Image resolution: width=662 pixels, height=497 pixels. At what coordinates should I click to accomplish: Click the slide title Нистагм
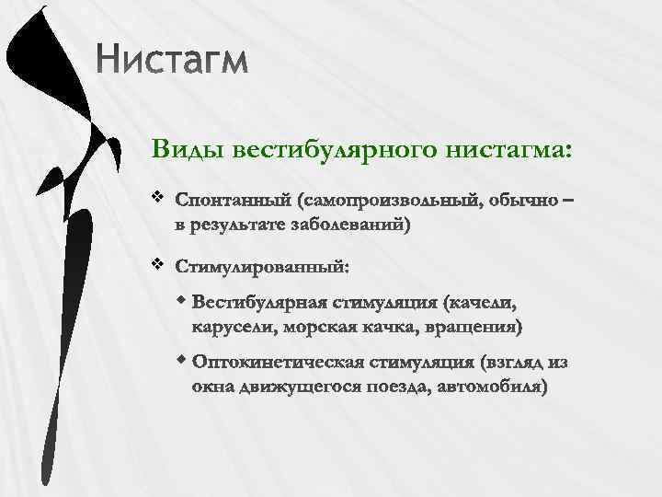coord(171,62)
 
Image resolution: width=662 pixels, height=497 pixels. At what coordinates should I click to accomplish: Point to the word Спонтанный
coord(232,200)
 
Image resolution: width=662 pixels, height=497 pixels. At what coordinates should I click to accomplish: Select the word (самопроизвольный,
coord(388,200)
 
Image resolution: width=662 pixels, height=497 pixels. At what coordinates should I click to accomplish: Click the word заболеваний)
coord(353,223)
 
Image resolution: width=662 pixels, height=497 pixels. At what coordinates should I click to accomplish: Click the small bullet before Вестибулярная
coord(183,300)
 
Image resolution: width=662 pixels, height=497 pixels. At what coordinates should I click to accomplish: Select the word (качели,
coord(479,303)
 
